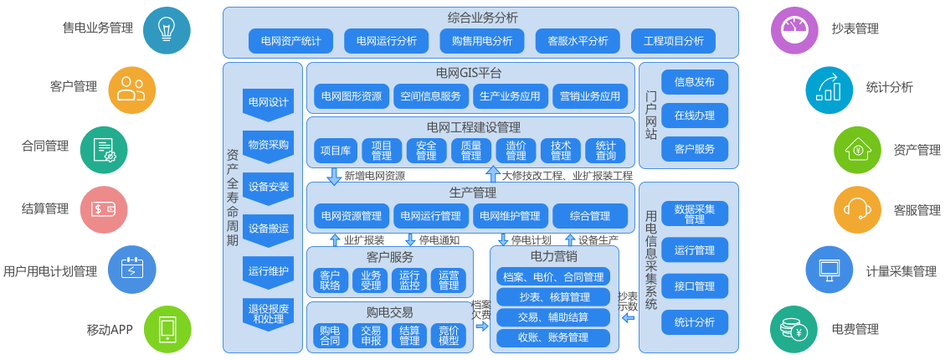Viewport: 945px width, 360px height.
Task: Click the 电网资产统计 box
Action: (x=290, y=40)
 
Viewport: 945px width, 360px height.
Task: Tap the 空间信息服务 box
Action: (x=430, y=96)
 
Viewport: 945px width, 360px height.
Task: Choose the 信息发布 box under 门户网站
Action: (x=695, y=82)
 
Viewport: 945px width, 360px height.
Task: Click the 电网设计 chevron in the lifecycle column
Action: (x=269, y=103)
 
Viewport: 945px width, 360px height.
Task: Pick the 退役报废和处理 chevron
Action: (x=269, y=314)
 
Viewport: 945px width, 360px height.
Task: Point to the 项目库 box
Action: (x=336, y=151)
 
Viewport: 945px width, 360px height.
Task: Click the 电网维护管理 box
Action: (x=509, y=216)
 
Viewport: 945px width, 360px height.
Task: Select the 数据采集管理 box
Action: (x=695, y=213)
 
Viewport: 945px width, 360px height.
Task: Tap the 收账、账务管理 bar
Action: (x=553, y=337)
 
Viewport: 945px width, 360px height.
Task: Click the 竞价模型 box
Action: (x=449, y=336)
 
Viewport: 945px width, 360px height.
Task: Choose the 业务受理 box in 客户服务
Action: (x=371, y=280)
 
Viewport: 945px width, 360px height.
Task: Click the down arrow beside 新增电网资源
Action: (x=334, y=176)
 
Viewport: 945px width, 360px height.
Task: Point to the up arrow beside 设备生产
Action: (x=570, y=240)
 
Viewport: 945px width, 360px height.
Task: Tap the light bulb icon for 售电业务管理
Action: (x=167, y=30)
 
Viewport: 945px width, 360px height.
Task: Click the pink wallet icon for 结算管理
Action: (x=104, y=209)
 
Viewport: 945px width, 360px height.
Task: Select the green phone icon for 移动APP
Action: (x=167, y=329)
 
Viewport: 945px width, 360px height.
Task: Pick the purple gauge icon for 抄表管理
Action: (x=794, y=30)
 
